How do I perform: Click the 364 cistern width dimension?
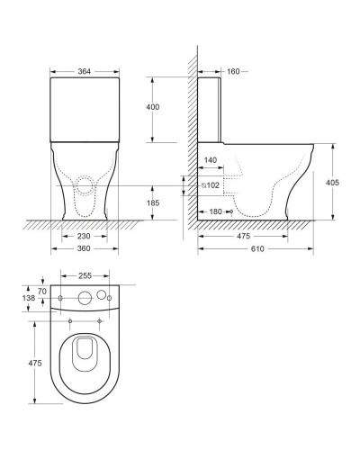click(85, 71)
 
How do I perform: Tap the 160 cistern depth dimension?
click(233, 71)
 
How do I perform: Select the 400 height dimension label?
click(153, 107)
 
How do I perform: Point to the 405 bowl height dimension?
click(332, 183)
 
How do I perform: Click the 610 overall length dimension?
click(257, 248)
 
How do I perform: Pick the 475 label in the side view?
click(243, 236)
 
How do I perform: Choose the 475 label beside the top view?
click(35, 363)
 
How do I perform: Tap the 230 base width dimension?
click(84, 236)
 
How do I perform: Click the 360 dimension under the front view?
click(84, 248)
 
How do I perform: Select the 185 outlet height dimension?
click(153, 203)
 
